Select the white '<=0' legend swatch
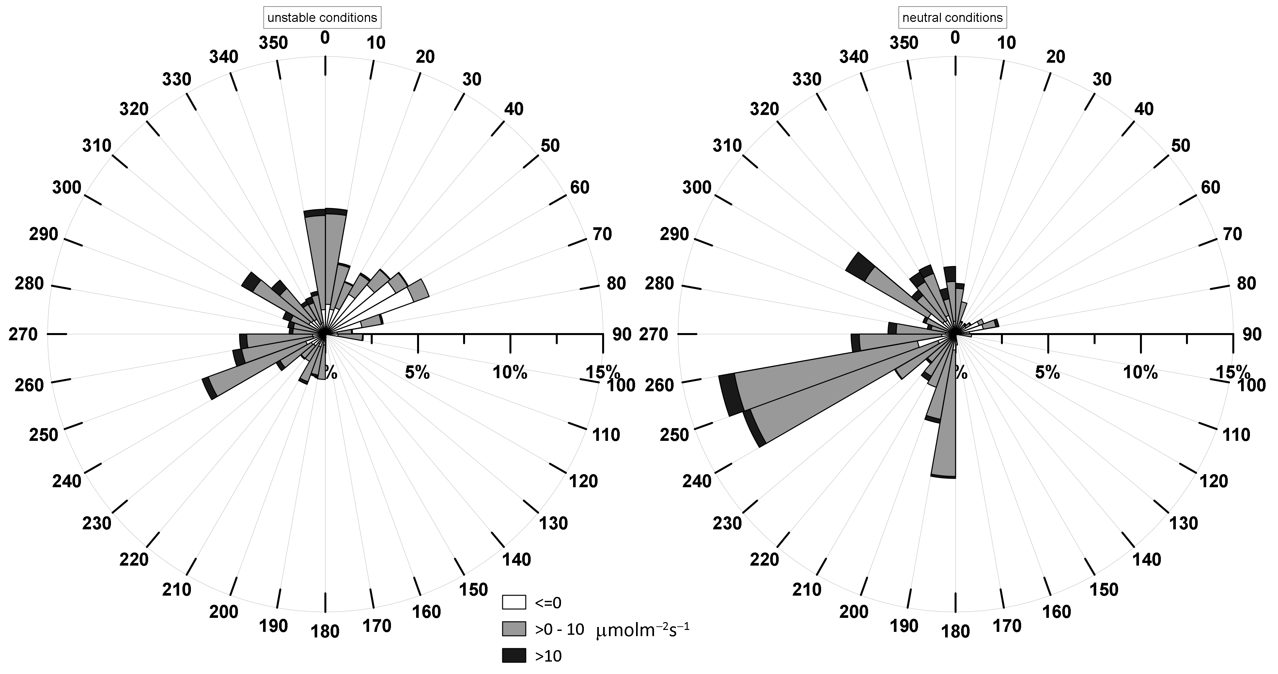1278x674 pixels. click(x=513, y=602)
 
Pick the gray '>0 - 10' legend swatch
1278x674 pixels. click(x=513, y=629)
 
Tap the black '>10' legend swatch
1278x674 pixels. click(x=513, y=656)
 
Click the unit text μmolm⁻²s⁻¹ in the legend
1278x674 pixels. click(x=644, y=629)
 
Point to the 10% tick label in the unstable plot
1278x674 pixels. click(x=510, y=372)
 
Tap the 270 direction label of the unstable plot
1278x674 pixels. click(x=23, y=334)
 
